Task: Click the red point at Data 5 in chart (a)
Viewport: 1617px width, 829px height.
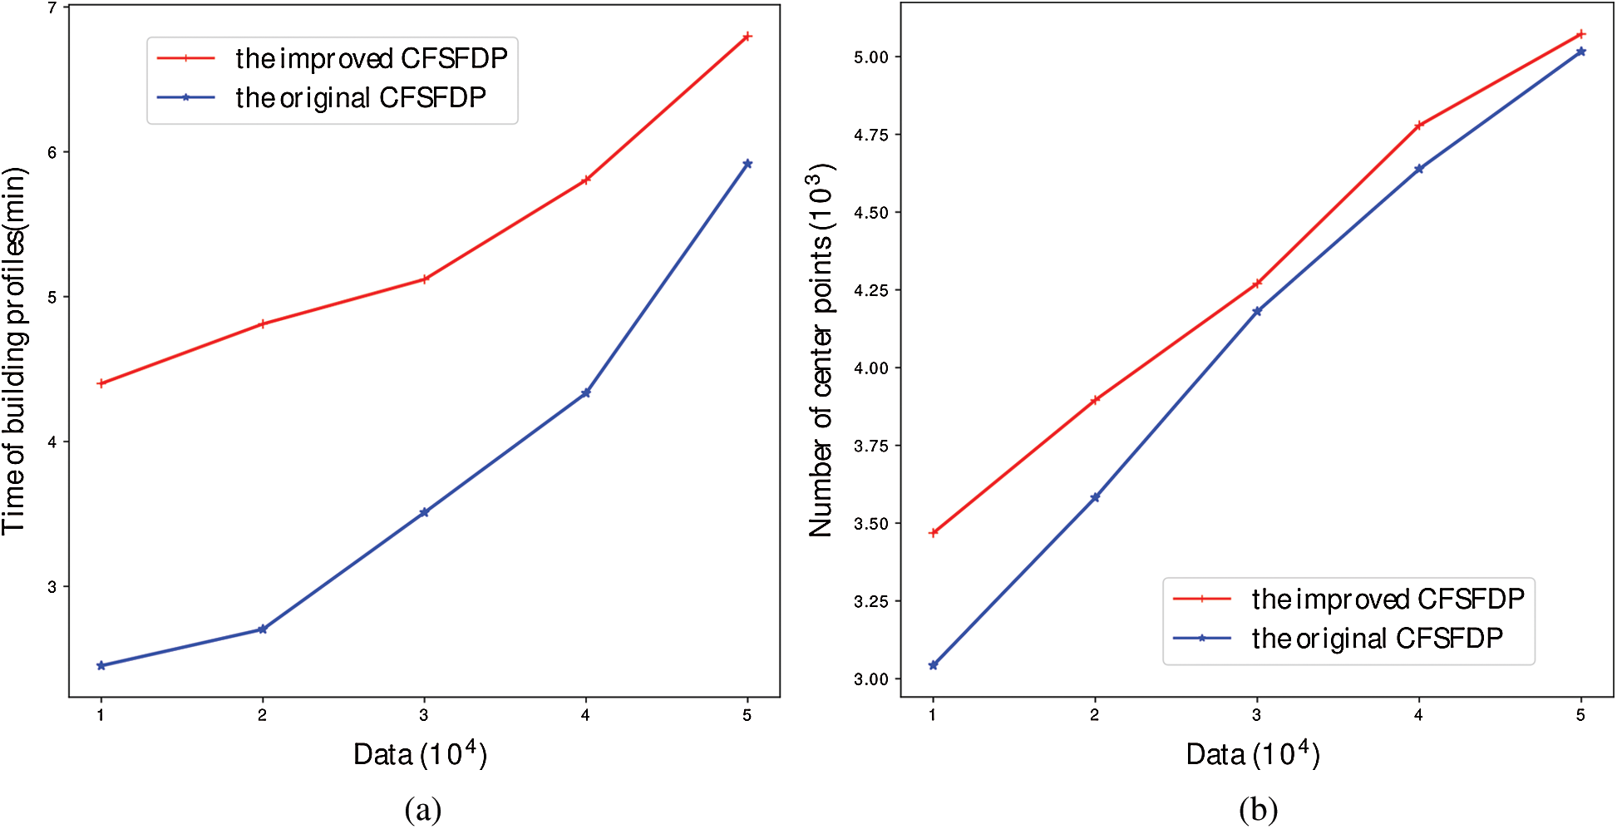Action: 747,37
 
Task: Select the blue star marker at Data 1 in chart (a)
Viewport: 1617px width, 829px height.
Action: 101,665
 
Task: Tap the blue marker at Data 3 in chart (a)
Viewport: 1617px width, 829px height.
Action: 424,512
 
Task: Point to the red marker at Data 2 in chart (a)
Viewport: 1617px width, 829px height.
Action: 263,323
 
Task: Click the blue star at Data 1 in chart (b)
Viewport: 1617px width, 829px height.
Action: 933,665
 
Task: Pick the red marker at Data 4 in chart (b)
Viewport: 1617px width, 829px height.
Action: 1419,126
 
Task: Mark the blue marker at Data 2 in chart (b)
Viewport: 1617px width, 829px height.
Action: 1095,497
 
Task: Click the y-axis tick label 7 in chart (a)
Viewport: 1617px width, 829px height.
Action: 52,8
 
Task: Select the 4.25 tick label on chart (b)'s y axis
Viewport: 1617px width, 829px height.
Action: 870,290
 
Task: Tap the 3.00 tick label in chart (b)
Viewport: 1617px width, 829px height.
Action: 870,679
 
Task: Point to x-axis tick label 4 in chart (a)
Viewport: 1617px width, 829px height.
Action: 585,716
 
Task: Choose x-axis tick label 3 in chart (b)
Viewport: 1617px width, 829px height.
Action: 1256,715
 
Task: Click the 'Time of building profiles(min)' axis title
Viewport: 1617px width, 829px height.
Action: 15,351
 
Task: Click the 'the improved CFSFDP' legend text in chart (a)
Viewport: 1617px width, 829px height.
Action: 371,58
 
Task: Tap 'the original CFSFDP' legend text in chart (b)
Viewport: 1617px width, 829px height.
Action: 1377,639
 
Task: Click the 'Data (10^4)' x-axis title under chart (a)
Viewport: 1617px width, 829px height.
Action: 420,754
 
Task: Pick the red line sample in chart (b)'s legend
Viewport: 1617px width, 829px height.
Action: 1201,599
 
